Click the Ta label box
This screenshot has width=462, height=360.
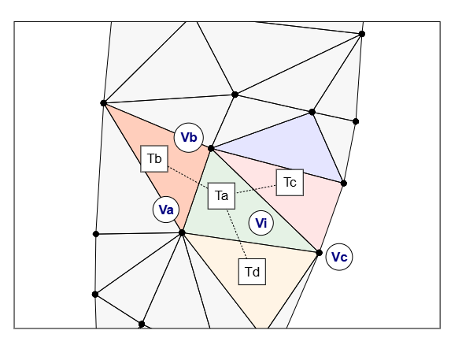pos(221,196)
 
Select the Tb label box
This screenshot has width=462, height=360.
pos(154,158)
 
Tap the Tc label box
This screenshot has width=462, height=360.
pos(290,182)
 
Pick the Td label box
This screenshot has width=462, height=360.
pos(252,272)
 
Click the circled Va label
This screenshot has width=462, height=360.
pos(166,210)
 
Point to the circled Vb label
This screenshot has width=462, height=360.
pos(189,137)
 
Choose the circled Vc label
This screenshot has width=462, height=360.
pos(339,257)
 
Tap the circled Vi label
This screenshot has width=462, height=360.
pos(261,223)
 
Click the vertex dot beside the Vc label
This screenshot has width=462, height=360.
pos(319,253)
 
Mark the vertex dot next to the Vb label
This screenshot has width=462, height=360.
pos(211,148)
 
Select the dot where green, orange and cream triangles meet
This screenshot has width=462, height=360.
pos(182,233)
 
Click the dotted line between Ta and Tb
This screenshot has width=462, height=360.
pos(187,177)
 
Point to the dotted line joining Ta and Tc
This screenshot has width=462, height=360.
pos(256,189)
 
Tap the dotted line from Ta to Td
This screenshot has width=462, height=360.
pos(237,234)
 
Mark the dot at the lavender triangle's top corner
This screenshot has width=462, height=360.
pos(312,112)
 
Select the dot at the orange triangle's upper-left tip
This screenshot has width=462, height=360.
pos(103,103)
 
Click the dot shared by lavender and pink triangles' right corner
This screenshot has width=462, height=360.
pos(344,184)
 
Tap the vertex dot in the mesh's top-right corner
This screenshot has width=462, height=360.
pos(362,34)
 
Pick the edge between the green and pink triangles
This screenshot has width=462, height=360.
pos(265,201)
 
